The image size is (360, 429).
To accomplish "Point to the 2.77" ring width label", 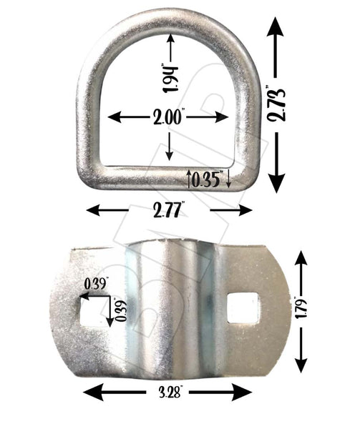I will [169, 210].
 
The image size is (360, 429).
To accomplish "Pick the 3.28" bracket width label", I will [168, 393].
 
